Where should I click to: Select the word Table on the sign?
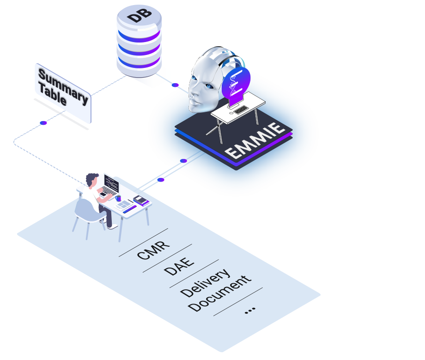(52, 95)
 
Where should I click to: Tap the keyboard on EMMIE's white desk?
(240, 110)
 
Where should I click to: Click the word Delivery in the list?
(205, 282)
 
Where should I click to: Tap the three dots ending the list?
(250, 310)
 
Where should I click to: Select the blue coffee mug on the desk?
(118, 198)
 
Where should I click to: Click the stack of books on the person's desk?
(141, 201)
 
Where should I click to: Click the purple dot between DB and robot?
(175, 85)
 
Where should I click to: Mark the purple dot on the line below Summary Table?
(43, 123)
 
